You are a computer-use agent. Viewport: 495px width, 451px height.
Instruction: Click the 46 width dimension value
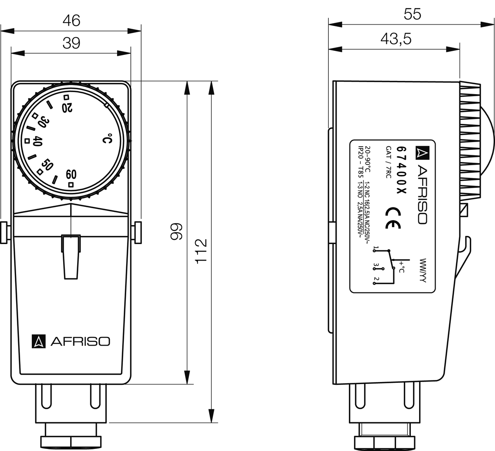71,21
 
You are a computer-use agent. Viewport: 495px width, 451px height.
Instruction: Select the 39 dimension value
71,43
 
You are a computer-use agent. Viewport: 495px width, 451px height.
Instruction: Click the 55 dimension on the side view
412,14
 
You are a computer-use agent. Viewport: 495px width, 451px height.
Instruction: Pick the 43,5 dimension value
396,39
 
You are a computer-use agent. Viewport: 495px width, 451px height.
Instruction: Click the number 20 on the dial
67,107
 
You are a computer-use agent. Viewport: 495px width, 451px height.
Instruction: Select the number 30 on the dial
43,123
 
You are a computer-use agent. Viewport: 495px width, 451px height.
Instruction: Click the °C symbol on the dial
107,139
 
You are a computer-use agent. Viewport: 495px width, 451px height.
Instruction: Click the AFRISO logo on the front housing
71,341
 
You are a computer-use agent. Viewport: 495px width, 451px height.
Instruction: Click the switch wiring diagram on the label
389,265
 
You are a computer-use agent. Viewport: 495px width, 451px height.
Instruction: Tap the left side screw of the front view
5,233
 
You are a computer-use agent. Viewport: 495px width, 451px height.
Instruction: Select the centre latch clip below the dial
71,256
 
